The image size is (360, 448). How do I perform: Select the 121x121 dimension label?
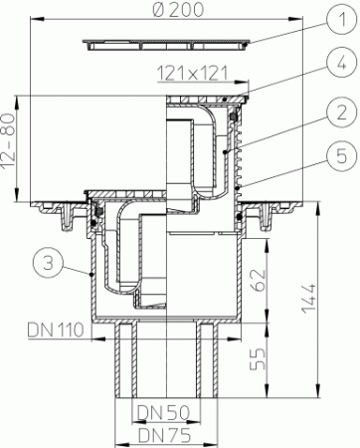tap(187, 74)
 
